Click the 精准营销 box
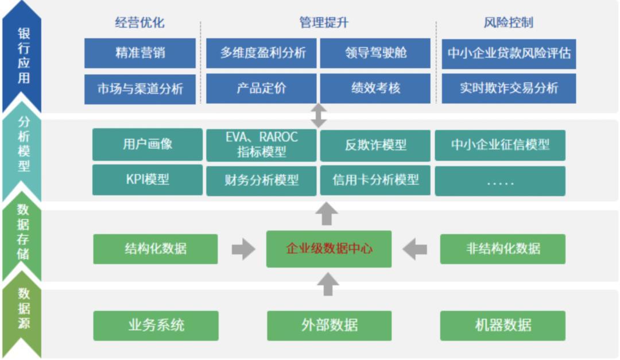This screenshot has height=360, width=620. coord(140,53)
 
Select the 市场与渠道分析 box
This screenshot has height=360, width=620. coord(140,88)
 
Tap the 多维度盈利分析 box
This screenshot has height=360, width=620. coord(262,53)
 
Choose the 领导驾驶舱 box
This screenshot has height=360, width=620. coord(375,53)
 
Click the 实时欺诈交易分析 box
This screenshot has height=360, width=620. coord(509,88)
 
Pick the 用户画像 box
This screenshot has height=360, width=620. coord(147,144)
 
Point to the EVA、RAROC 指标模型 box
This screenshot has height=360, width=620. coord(262,145)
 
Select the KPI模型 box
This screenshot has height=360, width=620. coord(147,179)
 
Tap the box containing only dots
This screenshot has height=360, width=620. coord(500,181)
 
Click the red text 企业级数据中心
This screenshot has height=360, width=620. coord(329,249)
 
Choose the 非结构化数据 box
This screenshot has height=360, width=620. coord(502,249)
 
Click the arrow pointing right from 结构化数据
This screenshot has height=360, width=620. coord(243,249)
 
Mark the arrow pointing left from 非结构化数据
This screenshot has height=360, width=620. coord(414,249)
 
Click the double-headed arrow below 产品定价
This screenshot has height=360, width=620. coord(319,116)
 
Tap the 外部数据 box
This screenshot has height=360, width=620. coord(329,326)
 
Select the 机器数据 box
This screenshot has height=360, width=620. coord(502,326)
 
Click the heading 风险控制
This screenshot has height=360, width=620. coord(508,22)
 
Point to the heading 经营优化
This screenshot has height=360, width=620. coord(139,22)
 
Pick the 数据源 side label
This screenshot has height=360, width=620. coord(23,308)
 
